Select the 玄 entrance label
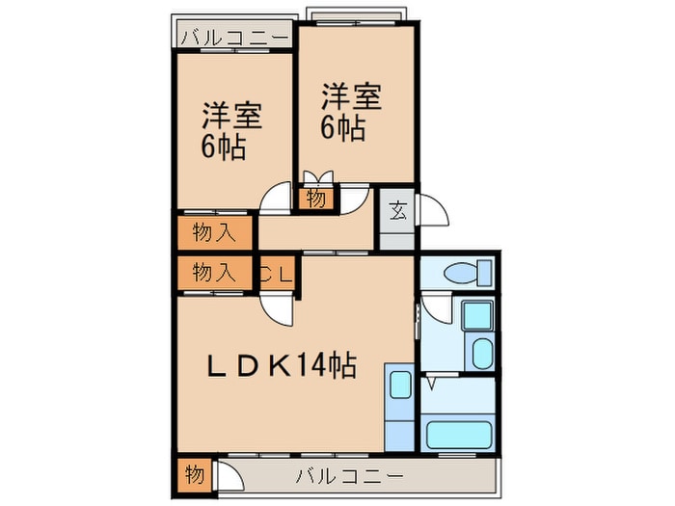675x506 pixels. (x=397, y=208)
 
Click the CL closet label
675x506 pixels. (x=277, y=273)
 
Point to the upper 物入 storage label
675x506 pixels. (x=213, y=232)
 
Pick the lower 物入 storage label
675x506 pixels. (x=213, y=272)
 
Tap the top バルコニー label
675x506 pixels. (x=234, y=38)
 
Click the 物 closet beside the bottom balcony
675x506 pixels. (x=192, y=475)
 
